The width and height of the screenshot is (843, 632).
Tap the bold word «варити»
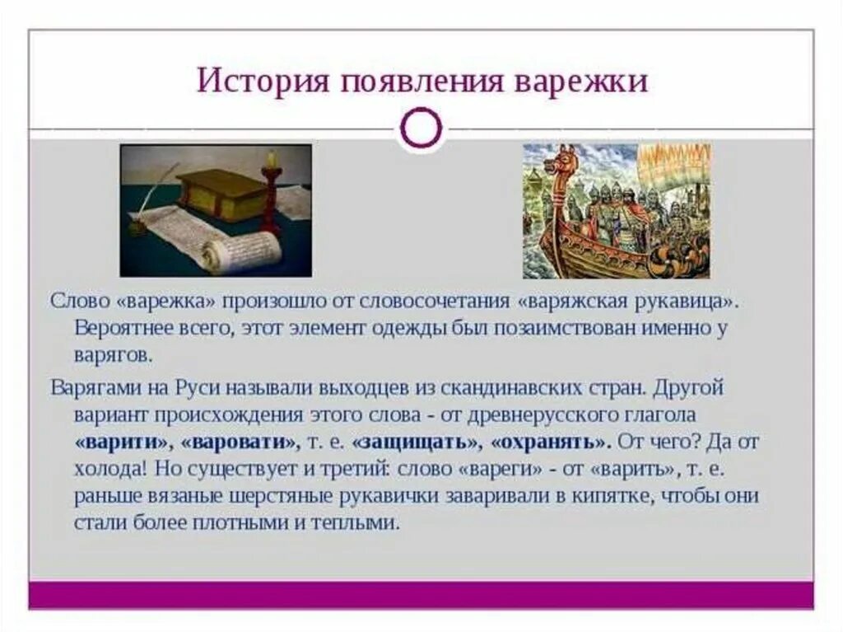click(123, 442)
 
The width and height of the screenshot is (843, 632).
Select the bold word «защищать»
click(416, 442)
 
